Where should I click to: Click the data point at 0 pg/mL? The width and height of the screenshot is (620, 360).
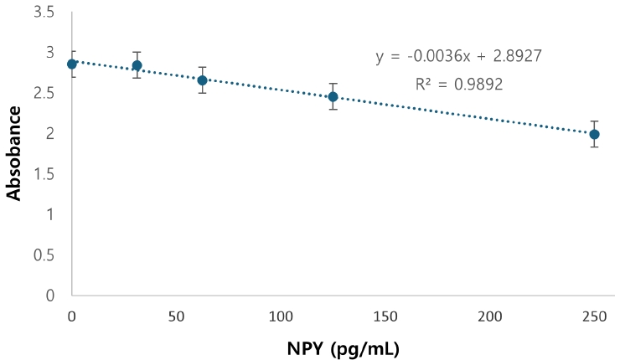[72, 64]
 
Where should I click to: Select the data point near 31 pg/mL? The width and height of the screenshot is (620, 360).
[137, 65]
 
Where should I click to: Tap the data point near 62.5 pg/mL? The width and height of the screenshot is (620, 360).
[202, 80]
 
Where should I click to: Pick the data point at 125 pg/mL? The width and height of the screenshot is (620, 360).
[333, 96]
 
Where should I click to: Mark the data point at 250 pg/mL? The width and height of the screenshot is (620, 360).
[594, 134]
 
